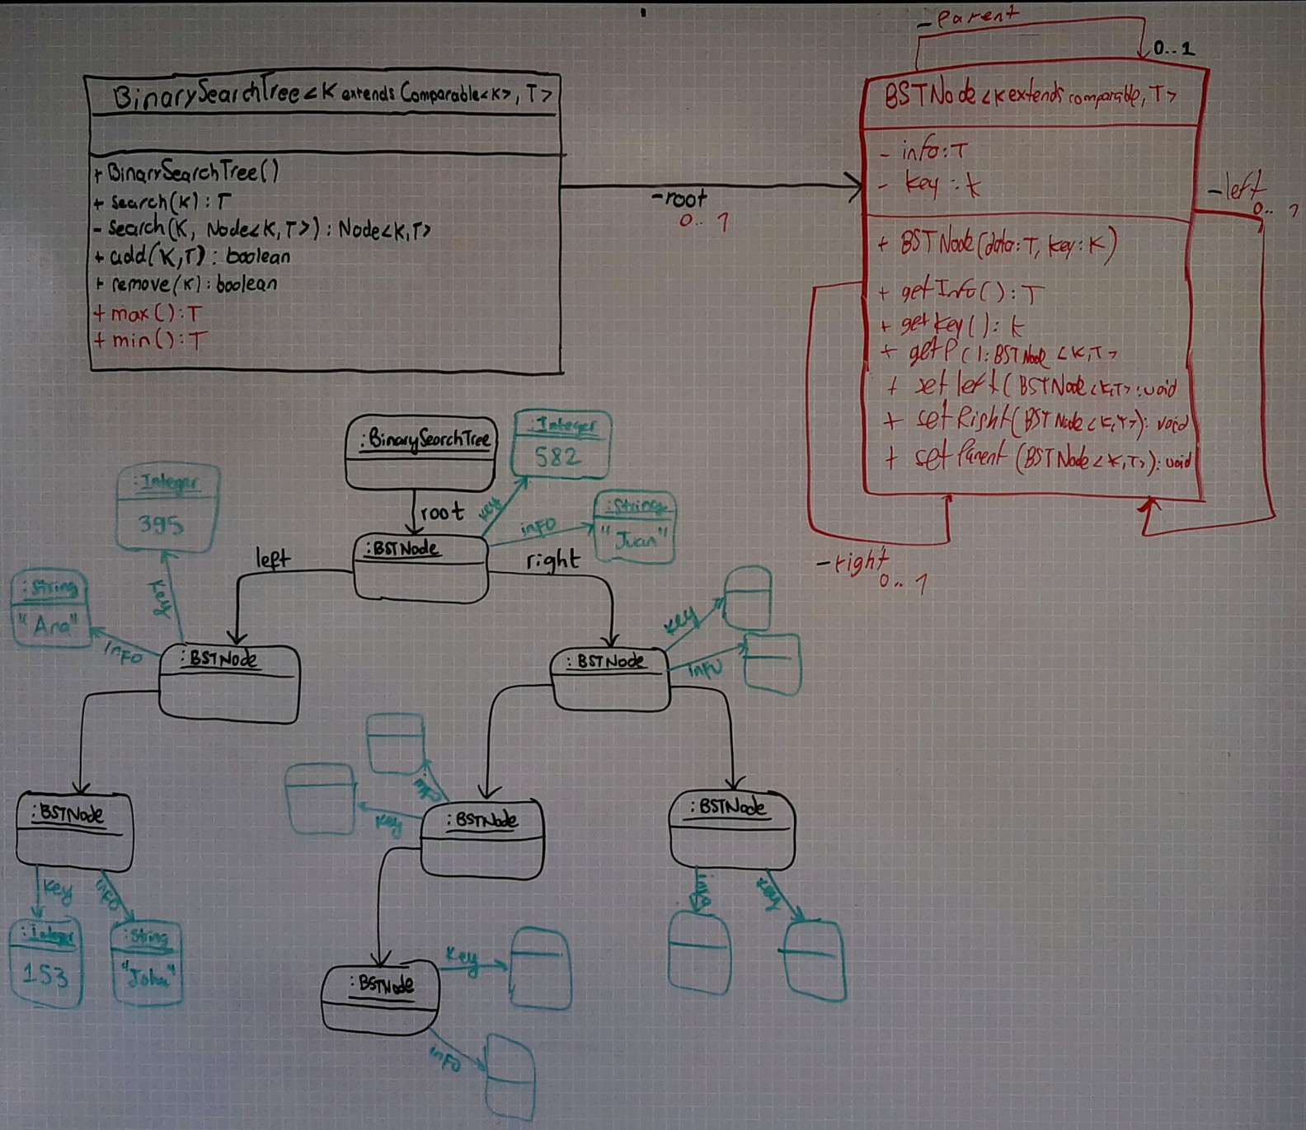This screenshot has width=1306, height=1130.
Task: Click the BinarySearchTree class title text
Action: pyautogui.click(x=330, y=95)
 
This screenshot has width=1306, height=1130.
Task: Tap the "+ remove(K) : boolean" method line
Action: pyautogui.click(x=186, y=284)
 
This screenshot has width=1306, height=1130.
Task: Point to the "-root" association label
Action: pyautogui.click(x=679, y=199)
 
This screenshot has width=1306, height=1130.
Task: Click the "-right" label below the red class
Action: pyautogui.click(x=853, y=562)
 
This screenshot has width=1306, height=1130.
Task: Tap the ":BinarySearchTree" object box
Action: pyautogui.click(x=420, y=451)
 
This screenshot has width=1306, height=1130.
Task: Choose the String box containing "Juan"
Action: pyautogui.click(x=634, y=528)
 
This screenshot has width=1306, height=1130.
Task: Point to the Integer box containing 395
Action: pyautogui.click(x=167, y=507)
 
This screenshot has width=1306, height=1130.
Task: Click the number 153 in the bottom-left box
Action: pyautogui.click(x=45, y=975)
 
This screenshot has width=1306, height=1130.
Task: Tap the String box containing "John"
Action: pyautogui.click(x=147, y=963)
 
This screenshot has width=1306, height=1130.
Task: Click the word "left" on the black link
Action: pyautogui.click(x=272, y=559)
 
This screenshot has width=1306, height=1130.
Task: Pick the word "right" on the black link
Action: pyautogui.click(x=552, y=560)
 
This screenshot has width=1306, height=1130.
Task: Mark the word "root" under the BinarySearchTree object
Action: pyautogui.click(x=442, y=512)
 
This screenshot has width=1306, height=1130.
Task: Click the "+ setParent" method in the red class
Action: pyautogui.click(x=1039, y=457)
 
